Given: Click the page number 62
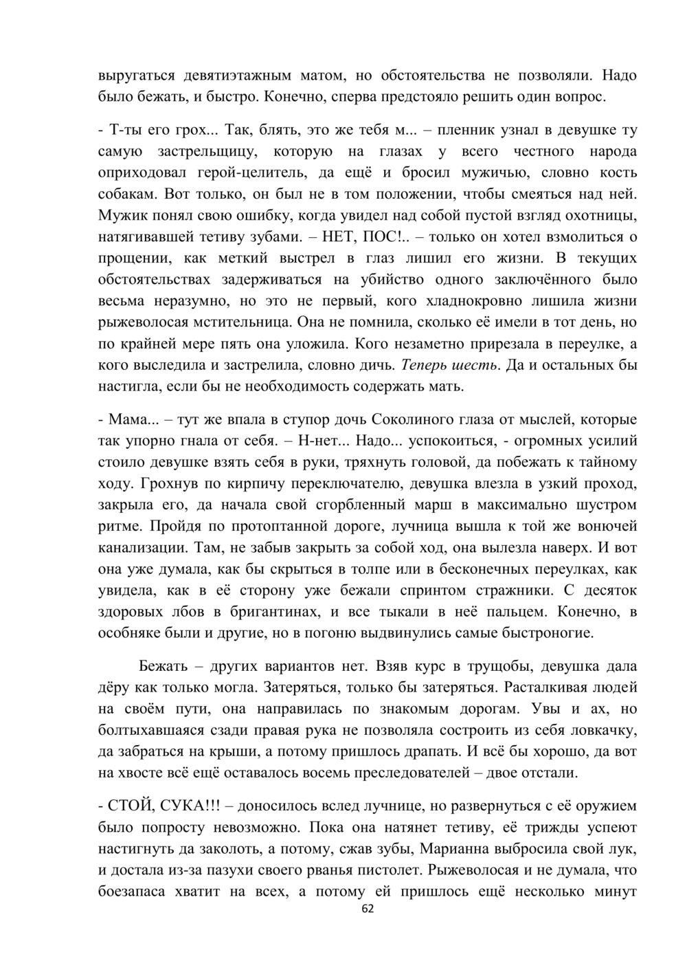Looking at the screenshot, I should [368, 909].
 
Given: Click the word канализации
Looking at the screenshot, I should [139, 549].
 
